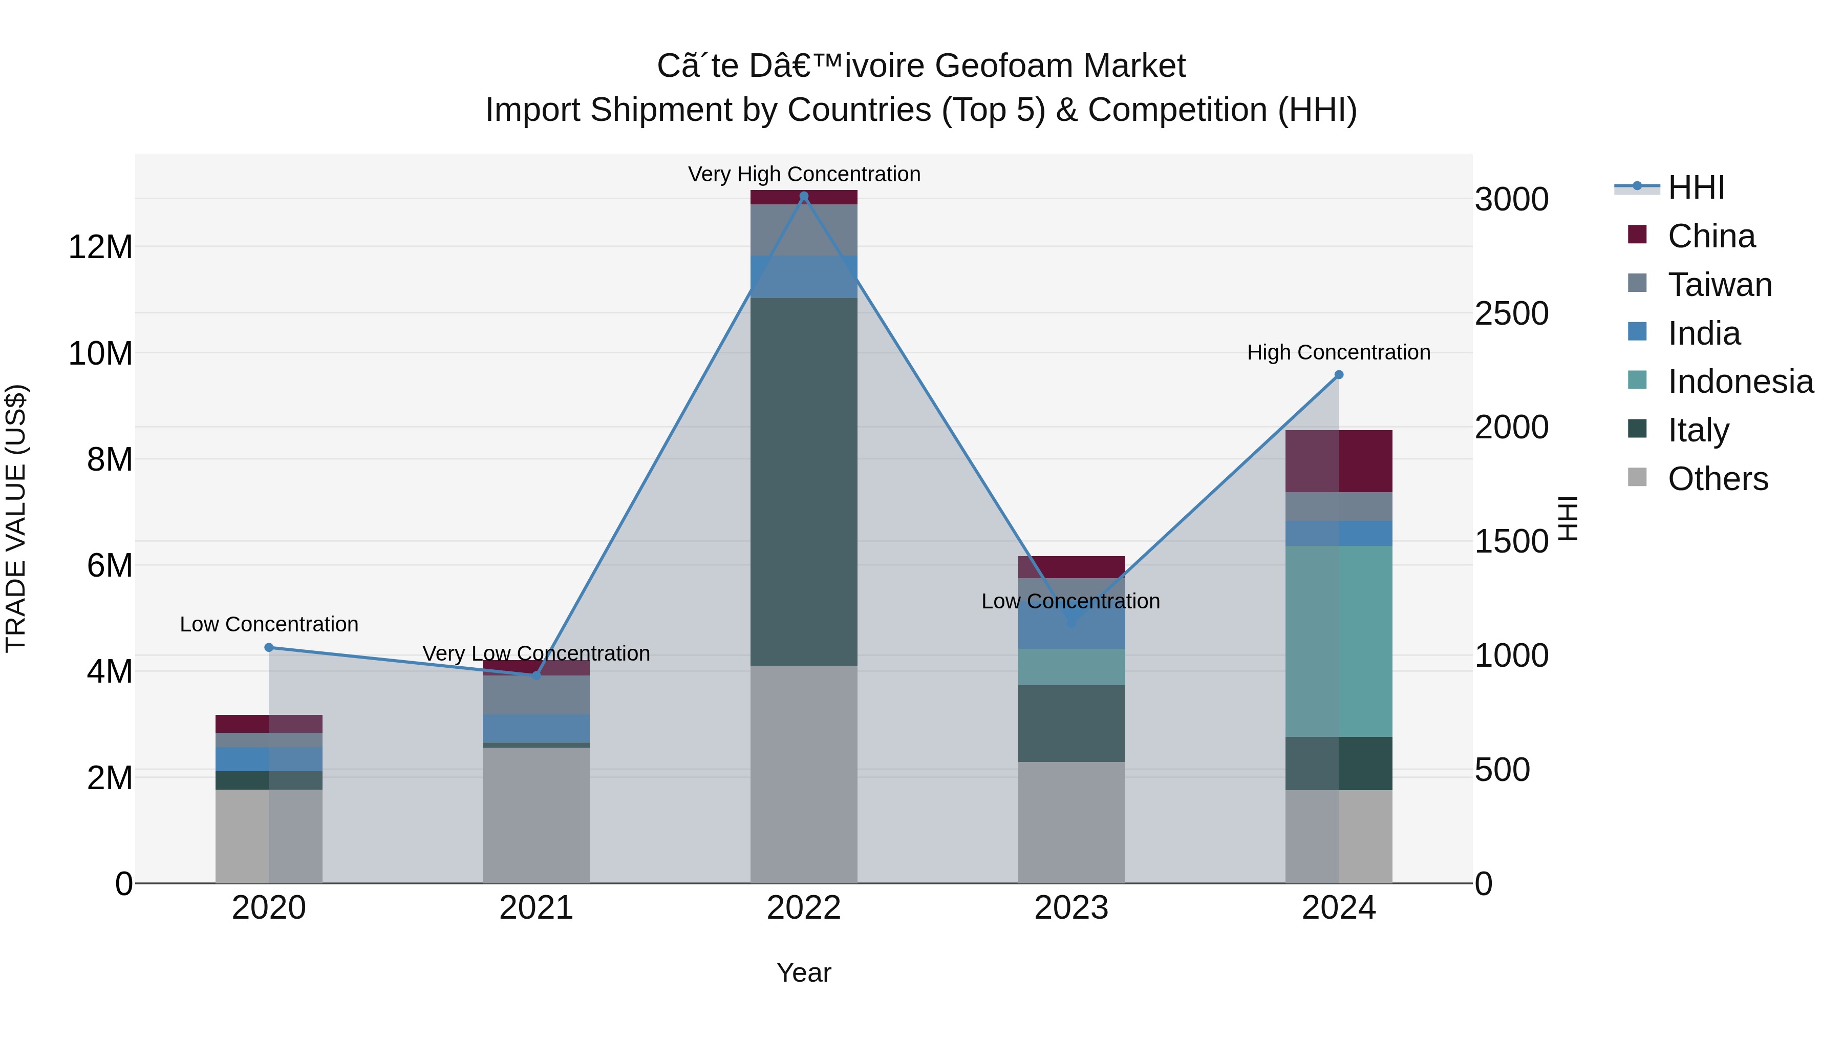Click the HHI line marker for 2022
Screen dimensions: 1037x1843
pyautogui.click(x=803, y=196)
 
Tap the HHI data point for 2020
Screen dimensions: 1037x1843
pyautogui.click(x=269, y=648)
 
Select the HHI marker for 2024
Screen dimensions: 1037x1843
pyautogui.click(x=1339, y=374)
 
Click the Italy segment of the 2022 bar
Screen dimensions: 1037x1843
pyautogui.click(x=803, y=482)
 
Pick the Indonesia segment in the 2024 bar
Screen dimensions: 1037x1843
pyautogui.click(x=1339, y=641)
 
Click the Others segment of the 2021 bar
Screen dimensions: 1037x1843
pyautogui.click(x=536, y=815)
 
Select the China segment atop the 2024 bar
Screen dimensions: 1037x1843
pyautogui.click(x=1339, y=461)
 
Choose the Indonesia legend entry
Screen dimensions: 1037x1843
pyautogui.click(x=1740, y=382)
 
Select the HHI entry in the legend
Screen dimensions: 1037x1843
pyautogui.click(x=1696, y=187)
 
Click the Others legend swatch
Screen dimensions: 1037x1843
pyautogui.click(x=1637, y=477)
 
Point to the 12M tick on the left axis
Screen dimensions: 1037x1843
pyautogui.click(x=100, y=247)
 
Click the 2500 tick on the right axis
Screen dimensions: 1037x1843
pyautogui.click(x=1511, y=313)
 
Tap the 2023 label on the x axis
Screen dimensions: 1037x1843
pyautogui.click(x=1071, y=908)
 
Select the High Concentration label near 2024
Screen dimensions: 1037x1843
pyautogui.click(x=1339, y=352)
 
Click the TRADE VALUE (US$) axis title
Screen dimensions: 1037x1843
pyautogui.click(x=16, y=518)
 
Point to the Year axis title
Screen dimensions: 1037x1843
pyautogui.click(x=803, y=972)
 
